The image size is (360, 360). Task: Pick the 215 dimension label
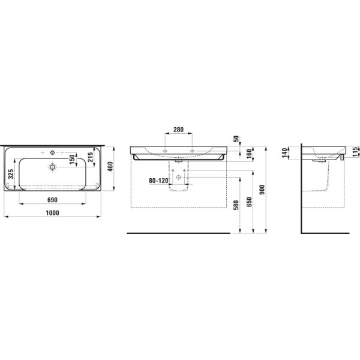pos(90,158)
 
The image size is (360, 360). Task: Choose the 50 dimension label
pos(237,138)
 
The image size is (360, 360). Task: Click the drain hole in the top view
pos(53,167)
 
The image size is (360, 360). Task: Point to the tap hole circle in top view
pos(53,151)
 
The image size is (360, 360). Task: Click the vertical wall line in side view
pos(301,192)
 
